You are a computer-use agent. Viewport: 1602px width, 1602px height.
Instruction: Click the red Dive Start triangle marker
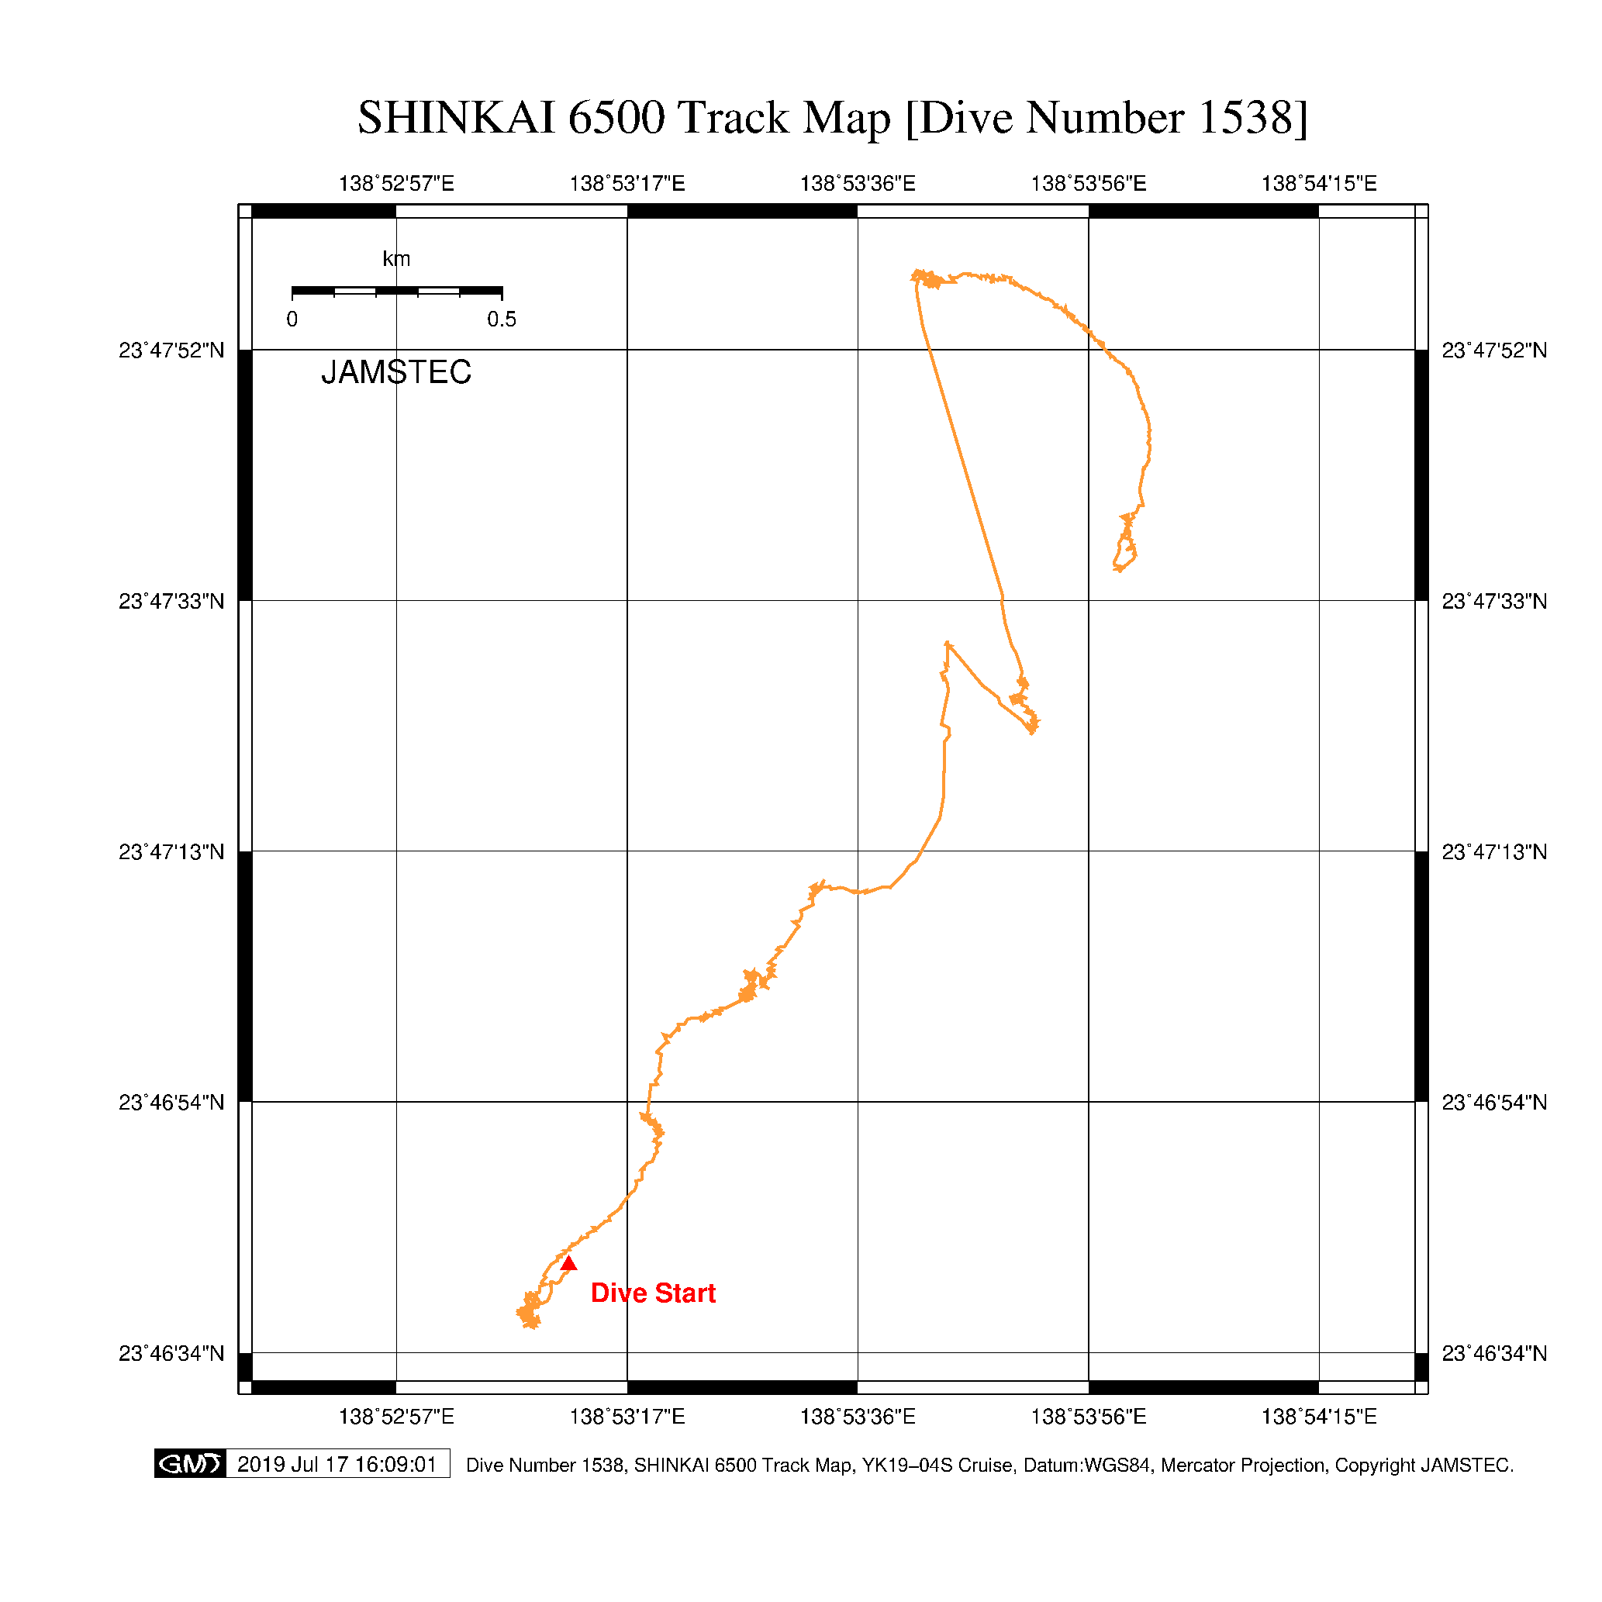click(x=568, y=1264)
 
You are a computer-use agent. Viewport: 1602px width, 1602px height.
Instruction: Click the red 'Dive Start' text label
click(x=653, y=1293)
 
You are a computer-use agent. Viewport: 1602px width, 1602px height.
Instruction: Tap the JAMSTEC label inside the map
click(x=396, y=372)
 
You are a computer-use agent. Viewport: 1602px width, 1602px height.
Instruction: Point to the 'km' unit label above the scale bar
click(x=396, y=259)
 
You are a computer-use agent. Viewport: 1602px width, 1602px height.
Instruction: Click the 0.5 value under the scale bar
click(x=502, y=319)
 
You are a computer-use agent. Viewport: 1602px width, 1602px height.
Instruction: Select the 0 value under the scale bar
click(x=292, y=319)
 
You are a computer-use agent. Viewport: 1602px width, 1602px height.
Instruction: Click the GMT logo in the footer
click(x=190, y=1463)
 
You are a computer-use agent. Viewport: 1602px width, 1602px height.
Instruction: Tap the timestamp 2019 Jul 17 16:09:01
click(x=337, y=1464)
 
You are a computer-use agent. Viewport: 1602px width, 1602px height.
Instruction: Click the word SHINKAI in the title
click(x=456, y=117)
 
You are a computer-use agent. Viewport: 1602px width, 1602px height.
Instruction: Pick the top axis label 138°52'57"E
click(x=396, y=183)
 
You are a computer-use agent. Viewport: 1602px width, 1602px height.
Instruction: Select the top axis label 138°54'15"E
click(x=1319, y=183)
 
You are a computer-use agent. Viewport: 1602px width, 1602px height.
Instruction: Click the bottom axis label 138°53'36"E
click(x=858, y=1416)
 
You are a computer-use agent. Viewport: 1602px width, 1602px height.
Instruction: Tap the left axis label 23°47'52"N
click(x=171, y=350)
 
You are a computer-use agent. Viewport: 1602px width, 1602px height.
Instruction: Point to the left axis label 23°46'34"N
click(x=171, y=1353)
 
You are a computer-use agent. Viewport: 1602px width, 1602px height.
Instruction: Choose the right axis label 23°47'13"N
click(x=1494, y=852)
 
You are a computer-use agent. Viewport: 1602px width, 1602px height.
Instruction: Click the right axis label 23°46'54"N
click(x=1494, y=1103)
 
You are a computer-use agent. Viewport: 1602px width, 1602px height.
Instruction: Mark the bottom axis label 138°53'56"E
click(x=1089, y=1416)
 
